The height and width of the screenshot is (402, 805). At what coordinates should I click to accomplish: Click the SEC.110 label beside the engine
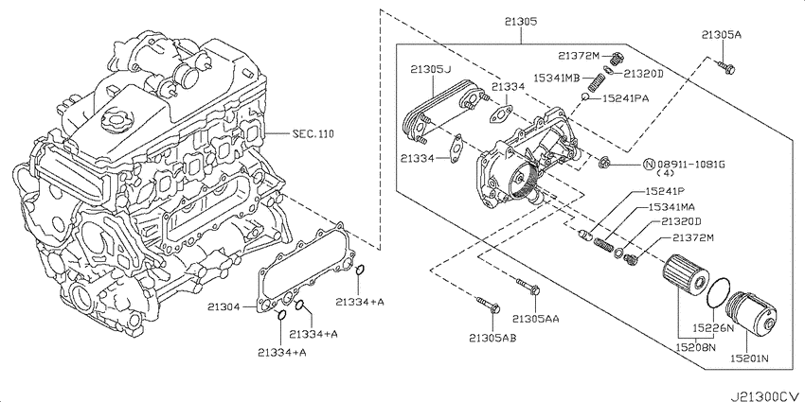point(313,134)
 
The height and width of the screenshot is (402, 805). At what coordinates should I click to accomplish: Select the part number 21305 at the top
point(520,22)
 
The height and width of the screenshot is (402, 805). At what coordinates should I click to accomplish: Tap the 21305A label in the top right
point(722,35)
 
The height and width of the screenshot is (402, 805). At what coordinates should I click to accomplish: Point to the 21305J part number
point(431,69)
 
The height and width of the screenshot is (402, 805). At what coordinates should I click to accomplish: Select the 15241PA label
point(626,98)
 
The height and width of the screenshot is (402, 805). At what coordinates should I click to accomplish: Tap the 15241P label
point(665,191)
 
